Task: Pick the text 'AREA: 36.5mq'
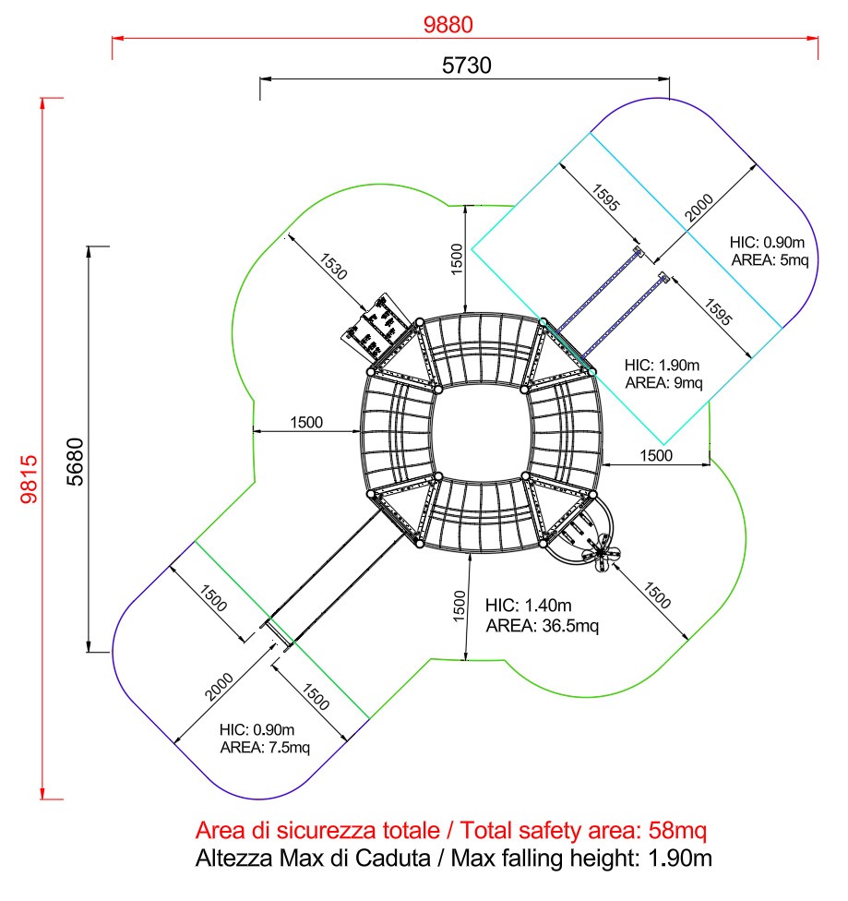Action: tap(543, 626)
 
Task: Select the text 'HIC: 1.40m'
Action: tap(529, 606)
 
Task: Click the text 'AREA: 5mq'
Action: tap(770, 259)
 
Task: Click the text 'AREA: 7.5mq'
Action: tap(265, 748)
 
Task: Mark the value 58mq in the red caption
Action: tap(675, 828)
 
